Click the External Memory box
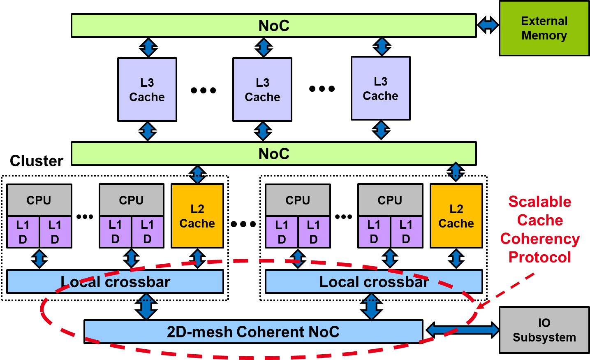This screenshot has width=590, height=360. (544, 28)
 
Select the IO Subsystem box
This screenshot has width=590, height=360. (544, 330)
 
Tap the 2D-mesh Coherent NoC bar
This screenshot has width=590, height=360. (253, 332)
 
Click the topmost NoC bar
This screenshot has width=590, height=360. (273, 26)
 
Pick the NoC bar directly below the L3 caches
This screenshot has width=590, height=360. (273, 153)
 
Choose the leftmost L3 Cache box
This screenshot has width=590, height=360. (147, 90)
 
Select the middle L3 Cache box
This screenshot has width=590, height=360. (262, 90)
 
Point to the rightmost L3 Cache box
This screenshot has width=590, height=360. (380, 88)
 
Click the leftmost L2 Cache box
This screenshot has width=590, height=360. (197, 216)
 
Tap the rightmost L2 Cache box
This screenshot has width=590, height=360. (456, 216)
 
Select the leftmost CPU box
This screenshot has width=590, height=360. (39, 200)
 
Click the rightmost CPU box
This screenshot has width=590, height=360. (390, 200)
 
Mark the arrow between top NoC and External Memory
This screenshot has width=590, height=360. (488, 25)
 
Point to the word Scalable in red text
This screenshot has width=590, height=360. (539, 202)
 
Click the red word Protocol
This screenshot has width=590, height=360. (539, 257)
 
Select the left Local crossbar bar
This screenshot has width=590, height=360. (115, 282)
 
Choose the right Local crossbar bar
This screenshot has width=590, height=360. (374, 282)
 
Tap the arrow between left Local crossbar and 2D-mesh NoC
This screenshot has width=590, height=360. (146, 307)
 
